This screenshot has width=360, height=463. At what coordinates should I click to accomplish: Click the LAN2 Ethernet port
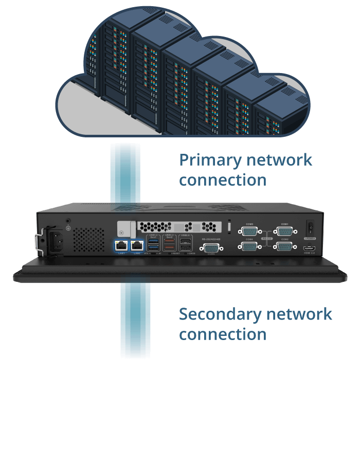coord(137,245)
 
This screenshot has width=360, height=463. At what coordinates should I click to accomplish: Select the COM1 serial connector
coord(284,232)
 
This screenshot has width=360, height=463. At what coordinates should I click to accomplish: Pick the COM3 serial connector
coord(249,232)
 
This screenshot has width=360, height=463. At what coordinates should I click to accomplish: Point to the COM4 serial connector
coord(249,247)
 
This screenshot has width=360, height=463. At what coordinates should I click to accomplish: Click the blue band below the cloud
coord(125,172)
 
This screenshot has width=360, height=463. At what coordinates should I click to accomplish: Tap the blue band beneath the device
coord(135,319)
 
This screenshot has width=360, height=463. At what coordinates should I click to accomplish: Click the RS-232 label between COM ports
coord(267,239)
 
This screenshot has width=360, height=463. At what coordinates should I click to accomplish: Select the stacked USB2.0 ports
coord(185,245)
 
